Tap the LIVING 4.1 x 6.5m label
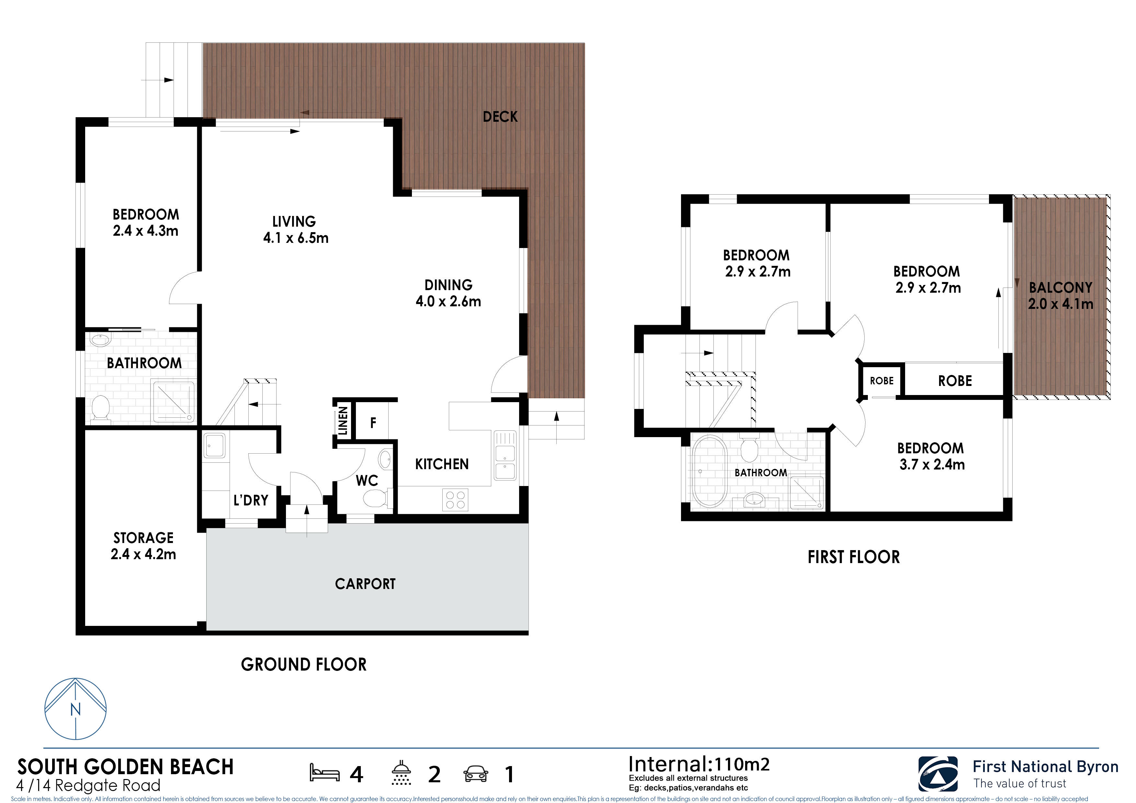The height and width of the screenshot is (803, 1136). (x=295, y=230)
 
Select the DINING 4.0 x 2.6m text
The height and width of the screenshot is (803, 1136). (x=448, y=293)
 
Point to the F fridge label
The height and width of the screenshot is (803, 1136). (x=373, y=423)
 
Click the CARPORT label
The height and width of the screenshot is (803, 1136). (x=365, y=584)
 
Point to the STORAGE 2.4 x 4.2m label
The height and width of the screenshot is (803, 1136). (x=143, y=546)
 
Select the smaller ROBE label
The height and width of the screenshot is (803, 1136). (x=882, y=380)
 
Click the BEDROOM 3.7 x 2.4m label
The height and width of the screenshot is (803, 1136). (x=931, y=456)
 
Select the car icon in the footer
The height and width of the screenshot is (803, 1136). (x=475, y=773)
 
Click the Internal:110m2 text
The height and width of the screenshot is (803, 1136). (x=699, y=764)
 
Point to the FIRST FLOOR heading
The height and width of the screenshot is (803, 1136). (x=854, y=557)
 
